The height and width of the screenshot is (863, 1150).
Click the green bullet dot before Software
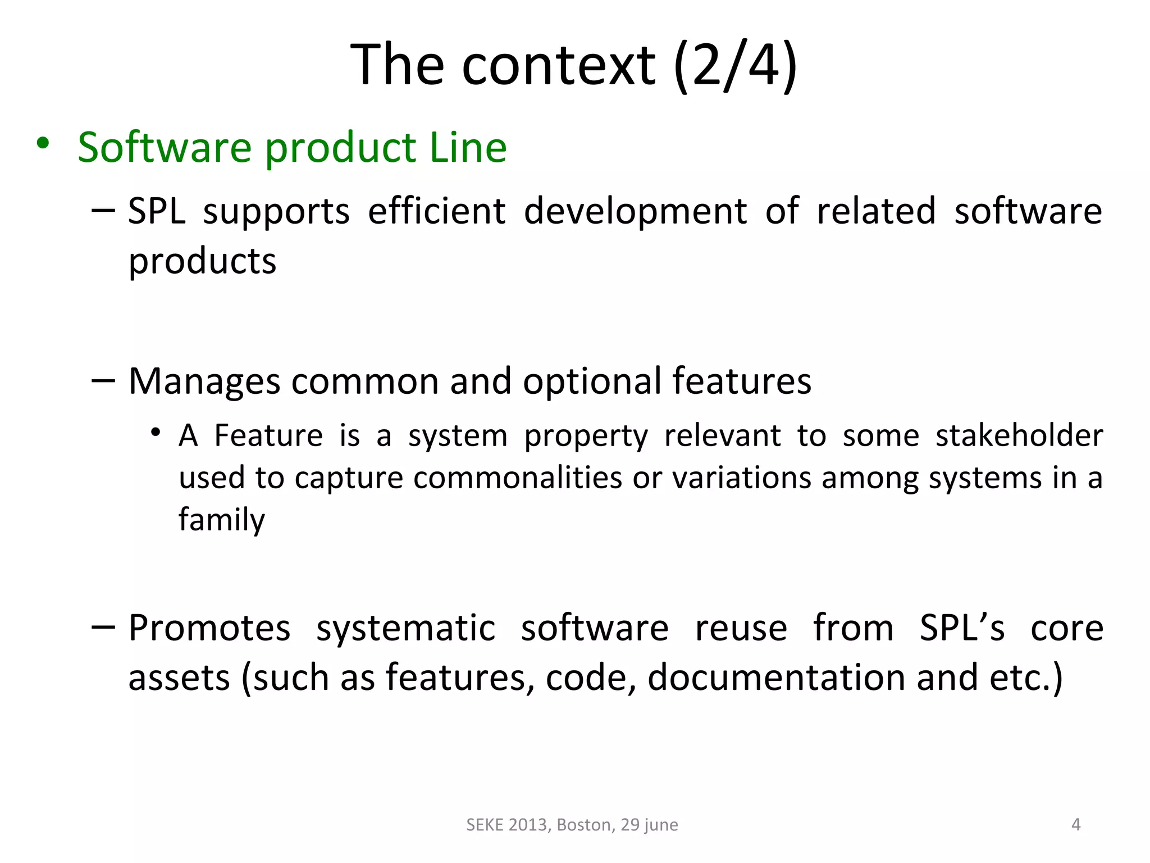[x=43, y=144]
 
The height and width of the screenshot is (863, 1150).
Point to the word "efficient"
[x=437, y=211]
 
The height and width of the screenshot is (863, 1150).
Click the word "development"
[x=635, y=212]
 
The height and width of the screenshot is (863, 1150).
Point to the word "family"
[x=222, y=520]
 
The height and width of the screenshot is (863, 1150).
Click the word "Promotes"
[x=209, y=628]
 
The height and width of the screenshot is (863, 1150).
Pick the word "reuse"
[x=741, y=628]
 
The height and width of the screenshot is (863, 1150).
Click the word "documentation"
[x=776, y=678]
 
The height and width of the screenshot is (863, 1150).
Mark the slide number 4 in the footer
[x=1076, y=824]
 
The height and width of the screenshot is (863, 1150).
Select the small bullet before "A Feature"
[x=156, y=433]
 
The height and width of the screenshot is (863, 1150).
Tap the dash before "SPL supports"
[x=103, y=210]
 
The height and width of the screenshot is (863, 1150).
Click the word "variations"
[x=741, y=478]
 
